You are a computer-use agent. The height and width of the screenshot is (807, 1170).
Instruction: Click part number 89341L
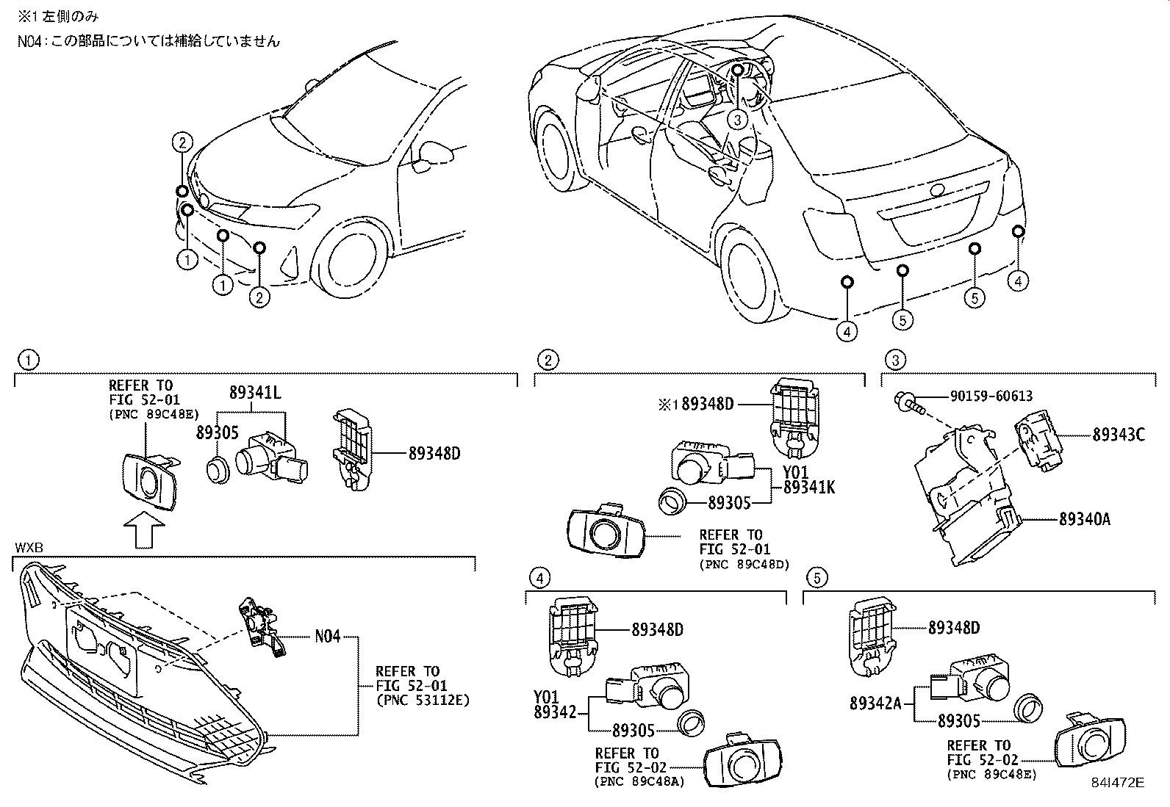[x=255, y=393]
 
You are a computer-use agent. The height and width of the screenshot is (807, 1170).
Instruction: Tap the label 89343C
[x=1118, y=434]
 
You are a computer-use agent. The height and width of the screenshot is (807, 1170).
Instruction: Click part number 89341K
[x=809, y=486]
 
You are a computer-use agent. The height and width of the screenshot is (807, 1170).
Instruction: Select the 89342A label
[x=875, y=703]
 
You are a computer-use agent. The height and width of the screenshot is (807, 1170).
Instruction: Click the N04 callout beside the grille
[x=327, y=636]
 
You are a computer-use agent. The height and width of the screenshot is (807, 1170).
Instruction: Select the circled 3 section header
[x=894, y=359]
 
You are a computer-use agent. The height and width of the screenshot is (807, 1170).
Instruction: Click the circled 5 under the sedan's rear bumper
[x=974, y=297]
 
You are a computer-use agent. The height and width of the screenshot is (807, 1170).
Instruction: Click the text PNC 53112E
[x=422, y=700]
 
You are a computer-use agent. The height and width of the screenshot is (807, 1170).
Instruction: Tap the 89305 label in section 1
[x=218, y=433]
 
